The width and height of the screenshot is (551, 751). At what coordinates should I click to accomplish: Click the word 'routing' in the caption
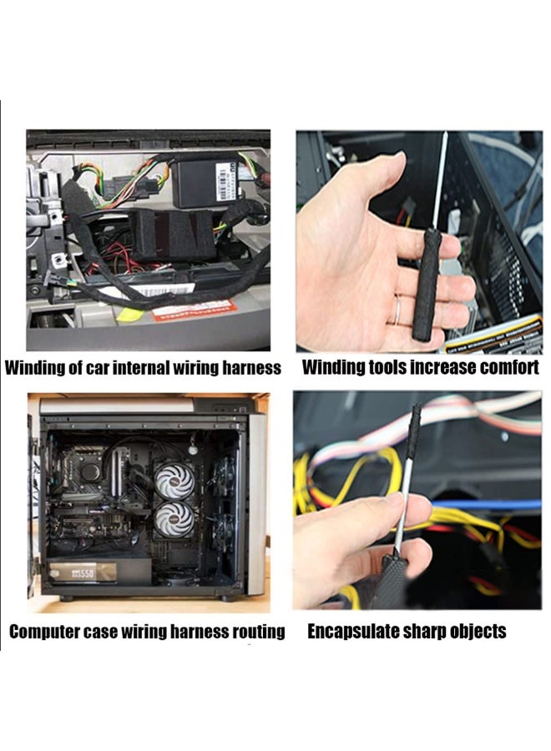(256, 632)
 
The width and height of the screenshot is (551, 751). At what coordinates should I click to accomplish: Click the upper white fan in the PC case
(174, 481)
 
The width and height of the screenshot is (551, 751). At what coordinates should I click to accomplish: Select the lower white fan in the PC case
(174, 519)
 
